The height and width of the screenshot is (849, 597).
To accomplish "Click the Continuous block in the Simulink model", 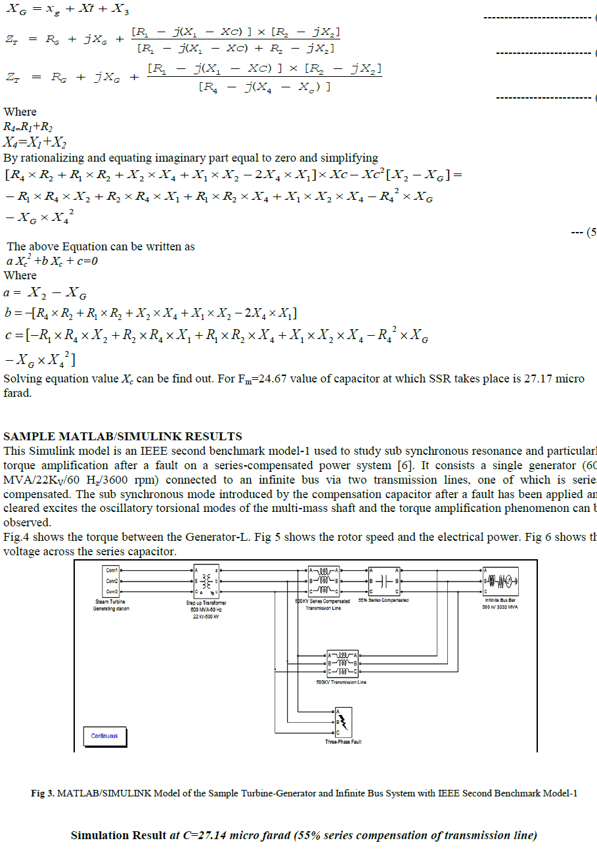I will (x=104, y=736).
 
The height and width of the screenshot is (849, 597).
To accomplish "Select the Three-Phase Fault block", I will (x=343, y=722).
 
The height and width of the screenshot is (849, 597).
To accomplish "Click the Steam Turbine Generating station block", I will (x=112, y=581).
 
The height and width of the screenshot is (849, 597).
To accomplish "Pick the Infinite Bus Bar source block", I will (x=501, y=581).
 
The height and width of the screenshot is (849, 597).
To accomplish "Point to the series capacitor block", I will (x=383, y=581).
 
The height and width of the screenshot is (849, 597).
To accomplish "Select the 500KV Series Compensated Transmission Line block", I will (x=323, y=581).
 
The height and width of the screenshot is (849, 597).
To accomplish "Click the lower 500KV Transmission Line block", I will (x=342, y=664).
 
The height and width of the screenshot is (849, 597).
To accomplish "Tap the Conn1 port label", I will (x=112, y=570).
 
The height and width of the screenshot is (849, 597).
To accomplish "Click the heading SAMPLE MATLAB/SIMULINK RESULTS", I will (x=123, y=436).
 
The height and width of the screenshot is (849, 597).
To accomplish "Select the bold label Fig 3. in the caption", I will (x=43, y=793).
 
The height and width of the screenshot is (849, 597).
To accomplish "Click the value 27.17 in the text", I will (x=537, y=379).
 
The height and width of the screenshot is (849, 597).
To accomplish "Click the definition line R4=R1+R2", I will (x=28, y=127).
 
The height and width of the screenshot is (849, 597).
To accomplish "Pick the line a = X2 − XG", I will (x=45, y=293).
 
